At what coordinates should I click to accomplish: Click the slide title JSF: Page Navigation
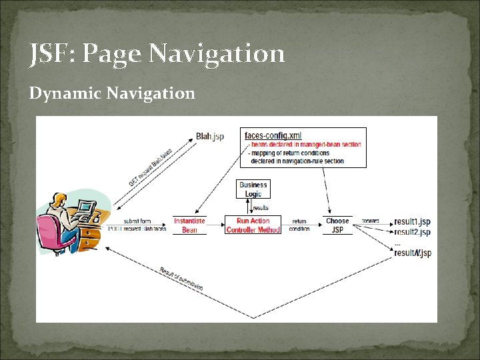(157, 53)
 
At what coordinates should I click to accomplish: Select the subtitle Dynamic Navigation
(112, 93)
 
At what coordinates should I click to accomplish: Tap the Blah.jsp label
(210, 137)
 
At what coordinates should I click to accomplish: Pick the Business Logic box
(253, 189)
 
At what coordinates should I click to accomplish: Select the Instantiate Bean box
(189, 225)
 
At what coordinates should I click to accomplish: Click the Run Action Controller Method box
(253, 225)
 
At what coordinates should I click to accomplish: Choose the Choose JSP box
(337, 225)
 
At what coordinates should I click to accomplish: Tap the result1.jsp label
(412, 221)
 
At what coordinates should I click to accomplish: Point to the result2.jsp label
(412, 232)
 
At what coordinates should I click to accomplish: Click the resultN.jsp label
(413, 253)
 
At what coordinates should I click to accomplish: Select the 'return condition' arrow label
(299, 225)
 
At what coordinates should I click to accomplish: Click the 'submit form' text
(137, 221)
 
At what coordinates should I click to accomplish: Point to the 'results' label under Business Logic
(260, 208)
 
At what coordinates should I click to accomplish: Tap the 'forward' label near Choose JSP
(371, 221)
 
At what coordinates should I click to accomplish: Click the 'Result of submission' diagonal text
(181, 279)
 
